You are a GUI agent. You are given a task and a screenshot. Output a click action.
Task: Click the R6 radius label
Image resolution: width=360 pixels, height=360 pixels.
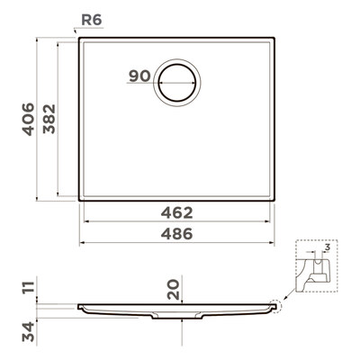coord(92,20)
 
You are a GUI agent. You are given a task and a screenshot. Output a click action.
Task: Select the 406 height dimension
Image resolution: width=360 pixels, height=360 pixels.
coord(29,119)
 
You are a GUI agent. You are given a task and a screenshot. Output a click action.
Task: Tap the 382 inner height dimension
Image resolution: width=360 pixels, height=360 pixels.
coord(49,119)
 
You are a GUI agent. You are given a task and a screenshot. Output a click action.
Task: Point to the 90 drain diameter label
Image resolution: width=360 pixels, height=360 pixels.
coord(139,76)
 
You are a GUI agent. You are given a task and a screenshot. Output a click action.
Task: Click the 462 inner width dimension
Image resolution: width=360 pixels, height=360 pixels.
coord(177,213)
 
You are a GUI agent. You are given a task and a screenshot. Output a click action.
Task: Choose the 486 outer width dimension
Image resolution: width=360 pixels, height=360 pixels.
coord(177,234)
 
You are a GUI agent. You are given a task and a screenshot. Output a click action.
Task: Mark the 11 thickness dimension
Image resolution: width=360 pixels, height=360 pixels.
coord(29,288)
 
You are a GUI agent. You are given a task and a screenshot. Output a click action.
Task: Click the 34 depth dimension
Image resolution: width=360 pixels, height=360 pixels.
coord(29,332)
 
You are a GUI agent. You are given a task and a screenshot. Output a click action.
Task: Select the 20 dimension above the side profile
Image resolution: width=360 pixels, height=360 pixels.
coord(174,289)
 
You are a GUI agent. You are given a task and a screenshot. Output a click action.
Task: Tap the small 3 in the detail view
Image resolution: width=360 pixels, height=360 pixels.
coord(328,247)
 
